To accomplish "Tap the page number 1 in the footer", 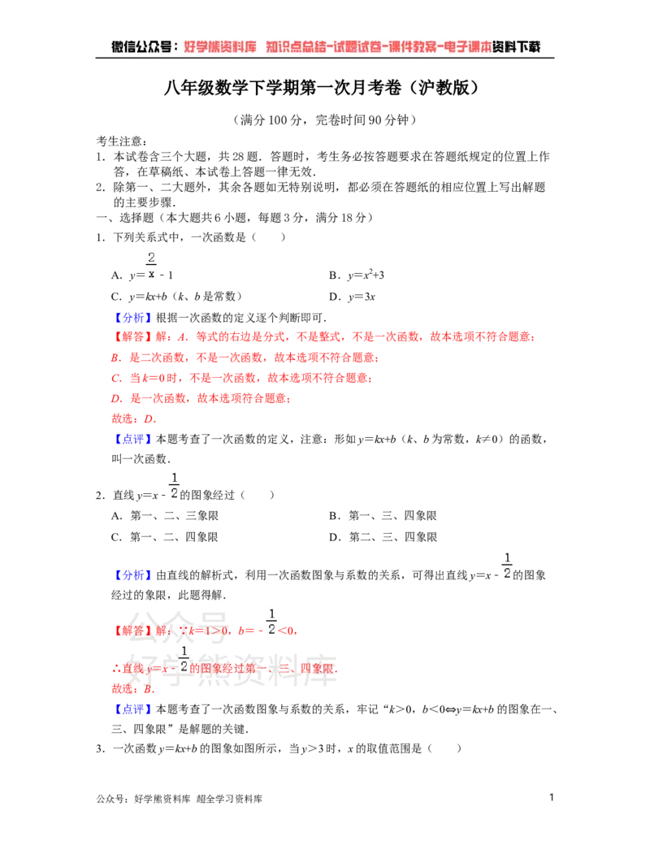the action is (552, 797).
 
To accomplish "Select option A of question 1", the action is (142, 267).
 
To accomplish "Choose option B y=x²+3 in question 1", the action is (357, 275).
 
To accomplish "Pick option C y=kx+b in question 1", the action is (176, 296).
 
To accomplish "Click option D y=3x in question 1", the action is (352, 297).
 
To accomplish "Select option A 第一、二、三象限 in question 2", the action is (165, 516).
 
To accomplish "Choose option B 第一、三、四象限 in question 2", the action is (383, 516).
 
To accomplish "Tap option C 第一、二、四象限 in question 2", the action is (165, 537).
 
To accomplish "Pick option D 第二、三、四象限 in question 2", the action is (383, 537).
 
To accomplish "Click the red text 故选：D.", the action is (133, 419).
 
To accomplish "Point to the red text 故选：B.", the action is (133, 689).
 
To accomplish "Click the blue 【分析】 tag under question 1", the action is (132, 318).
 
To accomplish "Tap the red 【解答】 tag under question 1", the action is (132, 337).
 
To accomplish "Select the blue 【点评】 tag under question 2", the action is (132, 709).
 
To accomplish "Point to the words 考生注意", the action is (119, 141).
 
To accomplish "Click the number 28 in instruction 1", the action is (239, 157).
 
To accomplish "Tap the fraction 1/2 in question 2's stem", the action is (174, 485).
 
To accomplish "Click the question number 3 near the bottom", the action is (100, 748).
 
